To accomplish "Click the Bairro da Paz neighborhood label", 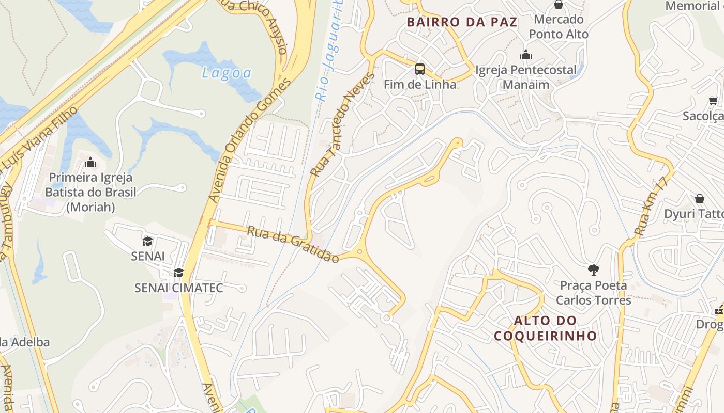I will tap(462, 22).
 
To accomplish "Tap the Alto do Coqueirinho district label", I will tap(545, 328).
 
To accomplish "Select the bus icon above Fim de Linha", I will tap(420, 69).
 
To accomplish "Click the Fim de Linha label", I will tap(420, 84).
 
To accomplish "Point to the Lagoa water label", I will tap(227, 73).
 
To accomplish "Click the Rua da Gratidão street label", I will tap(293, 244).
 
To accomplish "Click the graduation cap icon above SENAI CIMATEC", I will tap(178, 273).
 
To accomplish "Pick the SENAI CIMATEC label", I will tap(178, 288).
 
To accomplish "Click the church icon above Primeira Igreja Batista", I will tap(90, 163).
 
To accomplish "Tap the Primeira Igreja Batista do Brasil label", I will tap(90, 192).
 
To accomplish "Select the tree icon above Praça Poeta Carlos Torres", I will tap(593, 269).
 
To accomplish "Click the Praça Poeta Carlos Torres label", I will tap(593, 293).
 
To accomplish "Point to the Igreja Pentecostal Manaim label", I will tap(526, 77).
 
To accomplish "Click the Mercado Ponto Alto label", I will tap(559, 27).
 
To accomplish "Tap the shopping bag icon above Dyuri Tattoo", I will tap(699, 199).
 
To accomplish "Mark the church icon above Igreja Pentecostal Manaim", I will tap(526, 55).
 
